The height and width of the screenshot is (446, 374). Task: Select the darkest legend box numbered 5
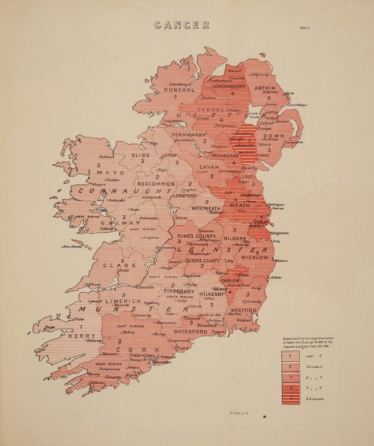click(290, 398)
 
